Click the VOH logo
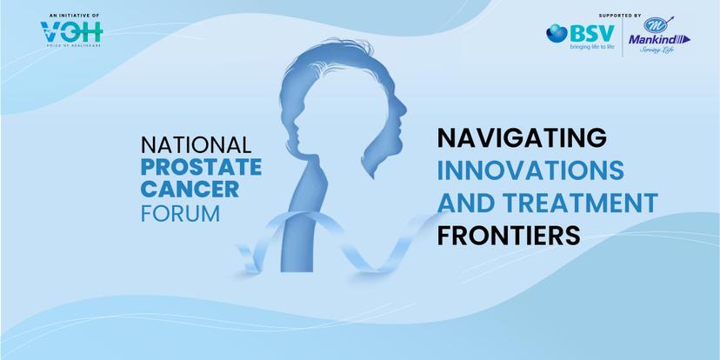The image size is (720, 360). point(71,31)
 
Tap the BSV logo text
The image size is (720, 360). point(591,33)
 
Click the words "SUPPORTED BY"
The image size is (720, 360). point(620,16)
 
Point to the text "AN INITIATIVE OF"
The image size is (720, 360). point(74,16)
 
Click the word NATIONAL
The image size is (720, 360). point(196,144)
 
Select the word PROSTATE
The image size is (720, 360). point(201,167)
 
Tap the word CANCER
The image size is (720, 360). point(190,190)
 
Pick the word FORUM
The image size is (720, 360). point(181,214)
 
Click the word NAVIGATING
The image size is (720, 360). point(522,138)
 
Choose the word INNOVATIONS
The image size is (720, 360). point(530,170)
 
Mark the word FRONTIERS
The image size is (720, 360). point(509,235)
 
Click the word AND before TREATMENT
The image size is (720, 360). point(466,203)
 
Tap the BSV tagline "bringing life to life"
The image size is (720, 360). point(592,47)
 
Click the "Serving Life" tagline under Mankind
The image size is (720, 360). point(657,50)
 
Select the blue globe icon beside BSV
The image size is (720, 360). point(557,34)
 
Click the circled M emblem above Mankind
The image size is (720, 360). point(654,25)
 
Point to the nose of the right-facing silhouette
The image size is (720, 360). point(404,110)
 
